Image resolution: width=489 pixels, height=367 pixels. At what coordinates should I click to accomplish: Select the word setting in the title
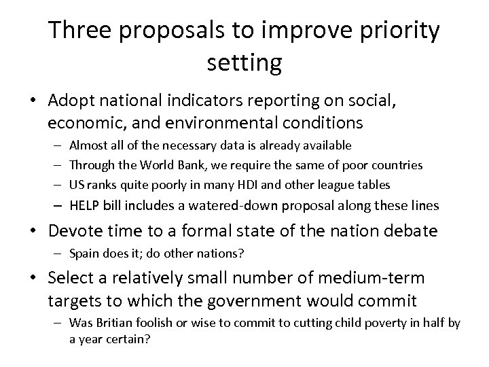[244, 63]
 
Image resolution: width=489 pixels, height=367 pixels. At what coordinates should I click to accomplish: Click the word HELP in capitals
[85, 206]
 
